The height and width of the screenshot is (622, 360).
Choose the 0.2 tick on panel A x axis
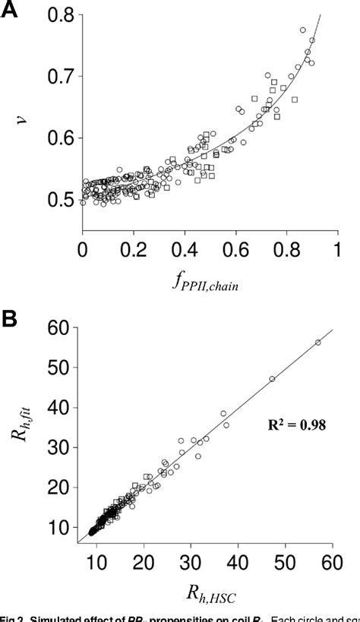pyautogui.click(x=134, y=249)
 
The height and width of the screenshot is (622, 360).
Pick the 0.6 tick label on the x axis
pyautogui.click(x=235, y=249)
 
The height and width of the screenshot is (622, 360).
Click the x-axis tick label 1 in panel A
pyautogui.click(x=337, y=249)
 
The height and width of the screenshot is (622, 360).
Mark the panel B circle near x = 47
pyautogui.click(x=272, y=378)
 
